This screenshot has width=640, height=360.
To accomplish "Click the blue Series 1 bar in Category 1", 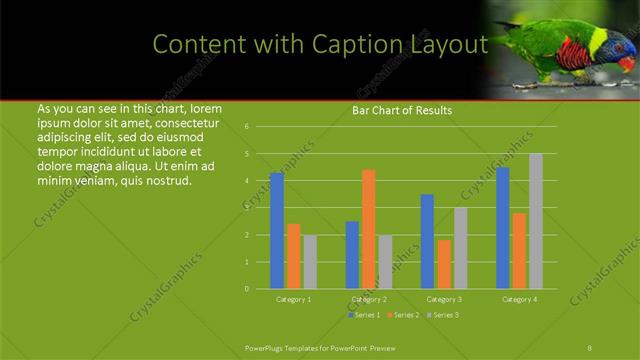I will point(277,231).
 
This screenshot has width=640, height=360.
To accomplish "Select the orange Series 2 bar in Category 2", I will point(369,229).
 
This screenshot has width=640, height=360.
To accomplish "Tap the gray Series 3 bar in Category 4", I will point(536,221).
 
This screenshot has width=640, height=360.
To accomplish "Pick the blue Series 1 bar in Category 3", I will point(427,241).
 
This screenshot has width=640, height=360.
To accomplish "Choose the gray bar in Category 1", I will point(310,262).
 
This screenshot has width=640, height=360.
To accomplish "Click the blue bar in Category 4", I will point(503,228).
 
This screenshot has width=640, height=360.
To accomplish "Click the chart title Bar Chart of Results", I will point(402,110).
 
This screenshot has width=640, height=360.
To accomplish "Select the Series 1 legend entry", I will point(363,315).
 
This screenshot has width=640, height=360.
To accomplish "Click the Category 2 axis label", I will point(369,299).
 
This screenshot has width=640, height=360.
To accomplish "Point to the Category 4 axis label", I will point(519,299).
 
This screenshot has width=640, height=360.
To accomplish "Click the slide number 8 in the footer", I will point(590,348).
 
